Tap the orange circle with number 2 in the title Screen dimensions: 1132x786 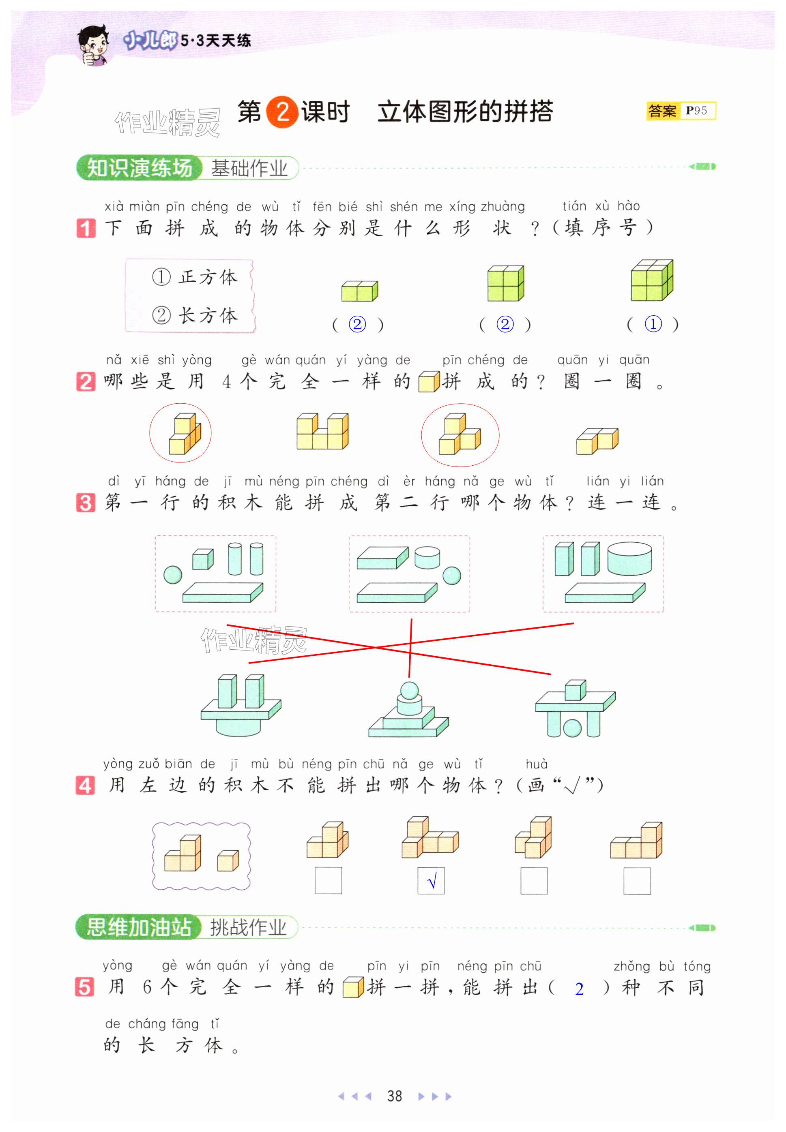point(282,112)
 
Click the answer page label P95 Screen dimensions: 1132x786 point(696,111)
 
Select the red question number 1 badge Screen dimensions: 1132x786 point(86,228)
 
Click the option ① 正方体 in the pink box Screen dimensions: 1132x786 point(195,277)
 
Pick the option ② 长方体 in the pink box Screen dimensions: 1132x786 point(195,315)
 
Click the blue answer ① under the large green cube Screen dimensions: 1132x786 point(653,324)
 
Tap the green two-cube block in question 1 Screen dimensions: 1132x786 point(359,291)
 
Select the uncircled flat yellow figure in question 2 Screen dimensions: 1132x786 point(597,441)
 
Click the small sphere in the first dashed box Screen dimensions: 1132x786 point(172,574)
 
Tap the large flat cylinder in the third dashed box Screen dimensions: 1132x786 point(629,559)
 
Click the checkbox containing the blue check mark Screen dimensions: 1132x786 point(431,880)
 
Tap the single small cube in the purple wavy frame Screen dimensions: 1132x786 point(228,860)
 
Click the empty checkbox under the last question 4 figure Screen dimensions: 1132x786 point(637,880)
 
